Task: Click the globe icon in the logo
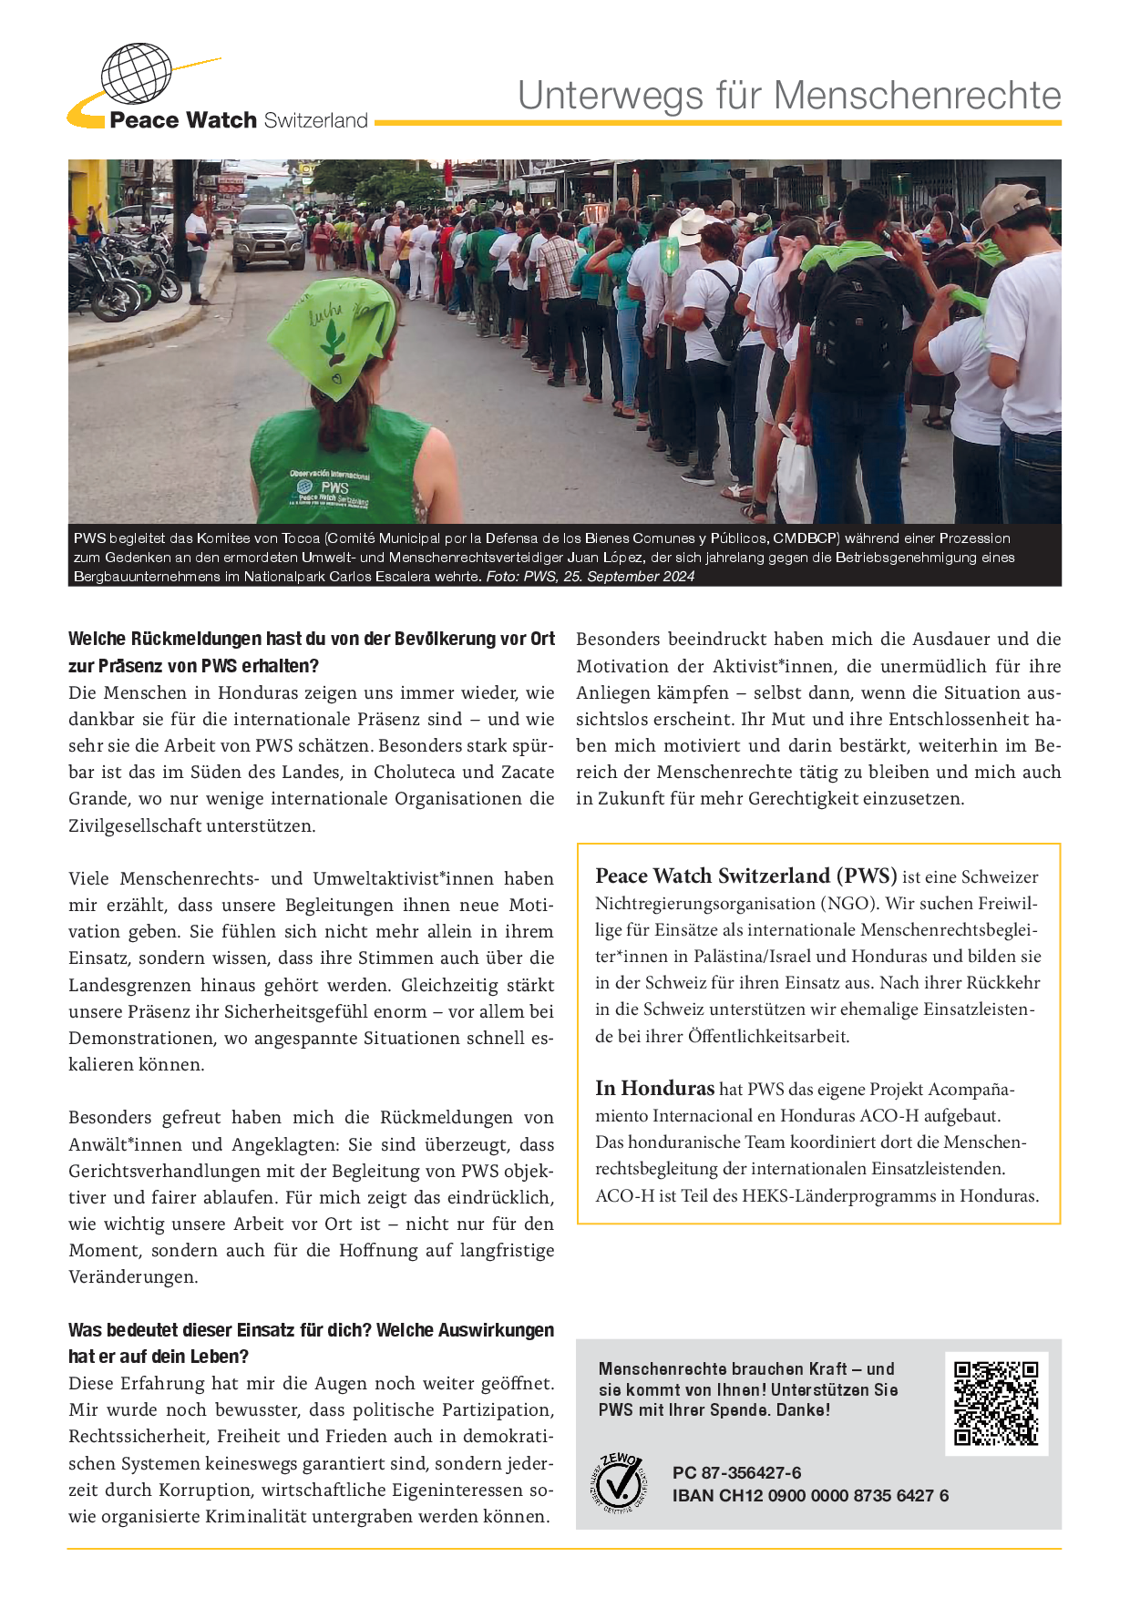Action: click(x=136, y=74)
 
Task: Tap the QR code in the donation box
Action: click(x=996, y=1403)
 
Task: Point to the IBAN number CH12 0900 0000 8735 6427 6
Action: click(x=810, y=1495)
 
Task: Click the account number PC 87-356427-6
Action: click(x=736, y=1472)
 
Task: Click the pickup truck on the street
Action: click(x=269, y=234)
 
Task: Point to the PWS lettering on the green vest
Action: click(x=334, y=488)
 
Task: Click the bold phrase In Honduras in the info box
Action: click(x=654, y=1089)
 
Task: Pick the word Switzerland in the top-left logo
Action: click(x=315, y=120)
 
